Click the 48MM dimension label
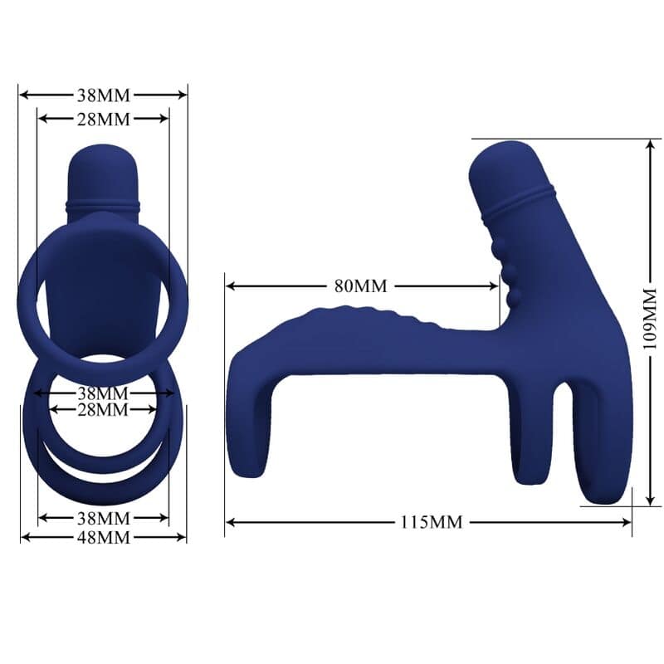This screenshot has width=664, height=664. (103, 537)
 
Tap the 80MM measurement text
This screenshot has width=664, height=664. (361, 286)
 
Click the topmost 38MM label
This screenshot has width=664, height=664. (103, 94)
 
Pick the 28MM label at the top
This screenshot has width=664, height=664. (103, 119)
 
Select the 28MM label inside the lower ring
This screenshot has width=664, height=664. (103, 409)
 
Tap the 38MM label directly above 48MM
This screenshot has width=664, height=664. (103, 518)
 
